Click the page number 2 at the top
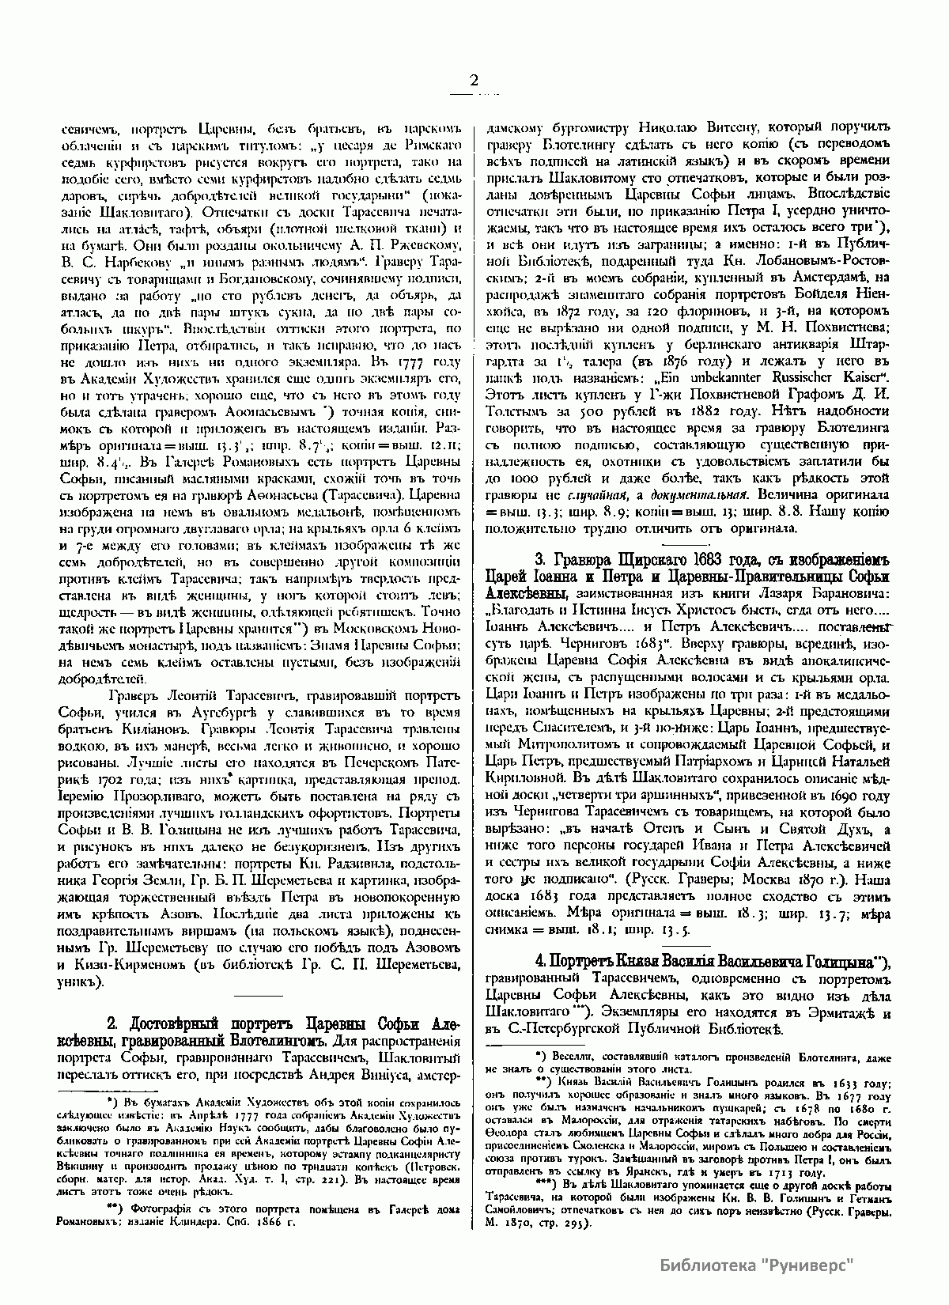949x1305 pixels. [474, 80]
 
